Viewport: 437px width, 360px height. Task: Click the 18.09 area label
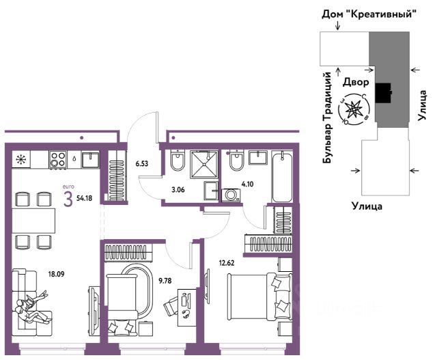[x=56, y=274]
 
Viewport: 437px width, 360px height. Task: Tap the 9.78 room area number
[x=165, y=281]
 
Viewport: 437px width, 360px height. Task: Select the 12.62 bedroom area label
[x=227, y=263]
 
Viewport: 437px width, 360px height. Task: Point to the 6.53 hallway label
[x=142, y=164]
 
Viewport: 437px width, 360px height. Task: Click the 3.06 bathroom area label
[x=178, y=190]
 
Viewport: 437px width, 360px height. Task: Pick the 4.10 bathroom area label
[x=247, y=184]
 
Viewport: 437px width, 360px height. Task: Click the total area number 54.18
[x=84, y=199]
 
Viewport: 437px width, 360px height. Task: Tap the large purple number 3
[x=68, y=199]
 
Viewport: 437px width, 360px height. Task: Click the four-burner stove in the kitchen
[x=58, y=160]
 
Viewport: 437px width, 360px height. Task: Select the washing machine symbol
[x=231, y=195]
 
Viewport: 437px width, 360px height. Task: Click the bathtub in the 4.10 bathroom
[x=282, y=176]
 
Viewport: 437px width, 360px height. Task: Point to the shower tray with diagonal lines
[x=204, y=164]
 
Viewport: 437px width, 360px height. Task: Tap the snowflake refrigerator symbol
[x=21, y=159]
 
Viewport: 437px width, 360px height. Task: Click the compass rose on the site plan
[x=354, y=109]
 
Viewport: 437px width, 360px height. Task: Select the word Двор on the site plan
[x=356, y=82]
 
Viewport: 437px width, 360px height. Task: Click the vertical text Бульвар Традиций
[x=327, y=117]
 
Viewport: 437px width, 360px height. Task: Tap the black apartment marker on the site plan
[x=384, y=93]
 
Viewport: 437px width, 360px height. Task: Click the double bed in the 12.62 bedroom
[x=259, y=296]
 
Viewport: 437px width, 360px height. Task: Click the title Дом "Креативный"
[x=369, y=14]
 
